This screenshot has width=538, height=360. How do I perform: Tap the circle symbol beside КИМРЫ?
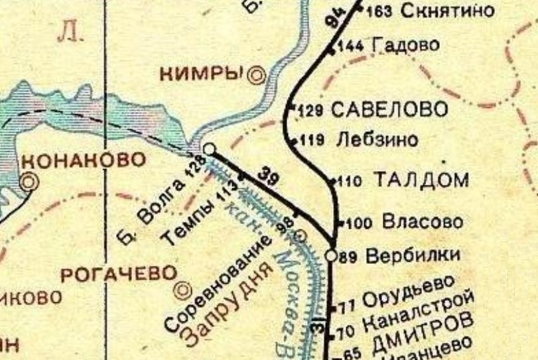256,76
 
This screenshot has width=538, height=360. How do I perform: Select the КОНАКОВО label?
83,160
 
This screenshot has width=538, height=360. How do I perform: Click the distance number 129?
310,111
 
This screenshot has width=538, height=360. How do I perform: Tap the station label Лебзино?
377,140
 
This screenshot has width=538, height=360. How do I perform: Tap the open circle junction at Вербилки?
332,255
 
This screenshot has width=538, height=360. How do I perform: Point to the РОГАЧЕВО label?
119,274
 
